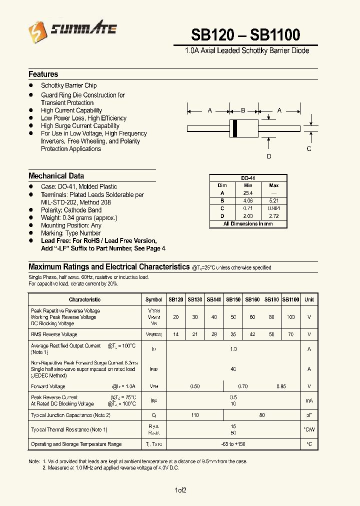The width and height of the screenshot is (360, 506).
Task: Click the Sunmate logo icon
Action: (37, 32)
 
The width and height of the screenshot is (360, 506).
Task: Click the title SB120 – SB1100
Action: (245, 34)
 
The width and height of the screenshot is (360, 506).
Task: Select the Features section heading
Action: (43, 74)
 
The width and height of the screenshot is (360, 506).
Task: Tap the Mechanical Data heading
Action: (56, 176)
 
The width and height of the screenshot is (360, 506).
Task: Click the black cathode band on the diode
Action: (233, 129)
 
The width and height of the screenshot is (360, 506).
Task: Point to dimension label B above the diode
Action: (243, 110)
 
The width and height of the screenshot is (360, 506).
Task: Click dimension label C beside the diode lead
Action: (309, 149)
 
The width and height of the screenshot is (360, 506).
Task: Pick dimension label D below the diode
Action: (269, 156)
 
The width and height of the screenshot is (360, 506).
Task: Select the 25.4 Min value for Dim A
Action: (248, 193)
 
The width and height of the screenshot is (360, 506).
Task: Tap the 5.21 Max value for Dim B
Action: (274, 200)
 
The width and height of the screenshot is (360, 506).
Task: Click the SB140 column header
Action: (214, 299)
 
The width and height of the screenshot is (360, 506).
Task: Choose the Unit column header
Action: (309, 299)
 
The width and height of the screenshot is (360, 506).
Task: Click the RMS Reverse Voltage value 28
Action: (214, 334)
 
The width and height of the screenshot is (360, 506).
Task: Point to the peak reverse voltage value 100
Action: (290, 317)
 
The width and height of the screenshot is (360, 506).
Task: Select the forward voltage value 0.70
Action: (243, 386)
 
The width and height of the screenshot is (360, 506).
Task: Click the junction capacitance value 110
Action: (194, 415)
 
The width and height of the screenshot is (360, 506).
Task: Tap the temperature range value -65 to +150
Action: (233, 444)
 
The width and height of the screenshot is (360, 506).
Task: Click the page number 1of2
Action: (180, 490)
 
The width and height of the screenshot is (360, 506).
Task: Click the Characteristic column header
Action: (84, 299)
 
